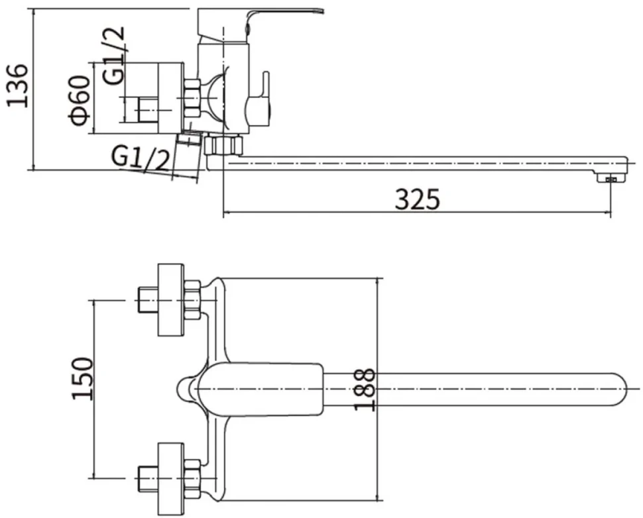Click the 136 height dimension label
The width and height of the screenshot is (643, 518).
[18, 85]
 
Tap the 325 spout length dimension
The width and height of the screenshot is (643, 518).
[417, 199]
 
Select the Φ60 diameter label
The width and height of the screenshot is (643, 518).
[80, 100]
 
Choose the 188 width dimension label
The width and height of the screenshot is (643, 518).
[365, 389]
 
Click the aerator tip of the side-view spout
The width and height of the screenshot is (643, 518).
[611, 178]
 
